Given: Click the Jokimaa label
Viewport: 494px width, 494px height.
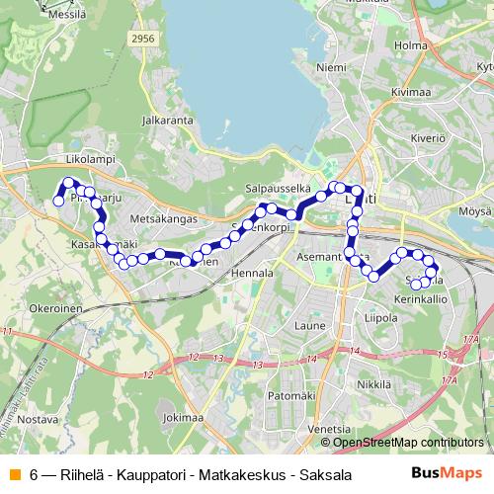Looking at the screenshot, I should [x=186, y=417].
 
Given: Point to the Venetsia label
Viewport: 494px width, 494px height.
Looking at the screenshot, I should [x=329, y=429].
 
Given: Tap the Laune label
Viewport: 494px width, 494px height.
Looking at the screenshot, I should [x=310, y=323].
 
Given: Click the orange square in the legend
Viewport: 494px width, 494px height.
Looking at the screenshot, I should [x=14, y=473].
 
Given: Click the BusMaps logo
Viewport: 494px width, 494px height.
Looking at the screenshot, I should [x=447, y=472].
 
